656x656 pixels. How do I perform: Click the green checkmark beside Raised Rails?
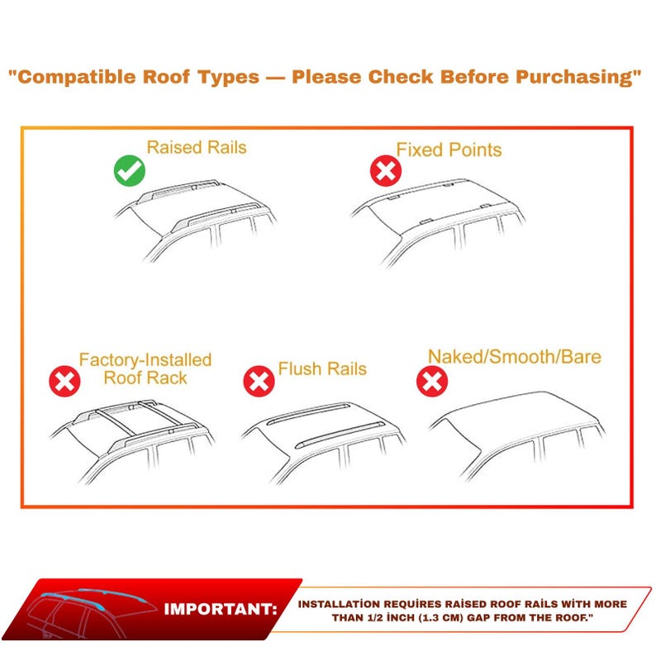coord(129,171)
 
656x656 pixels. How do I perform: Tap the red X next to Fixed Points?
coord(385,171)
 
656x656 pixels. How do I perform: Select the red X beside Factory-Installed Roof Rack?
coord(64,381)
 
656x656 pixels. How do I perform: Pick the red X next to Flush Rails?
coord(259,381)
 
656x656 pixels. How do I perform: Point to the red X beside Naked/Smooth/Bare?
coord(431,381)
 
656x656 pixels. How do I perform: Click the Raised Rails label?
coord(197,148)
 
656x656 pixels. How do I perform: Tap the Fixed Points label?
coord(449,150)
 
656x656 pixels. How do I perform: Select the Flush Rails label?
coord(322,368)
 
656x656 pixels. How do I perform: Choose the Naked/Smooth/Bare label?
coord(514,357)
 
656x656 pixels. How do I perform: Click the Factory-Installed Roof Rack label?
coord(145,369)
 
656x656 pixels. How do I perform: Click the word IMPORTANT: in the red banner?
coord(220,610)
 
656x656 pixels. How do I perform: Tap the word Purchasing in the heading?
coord(578,78)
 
